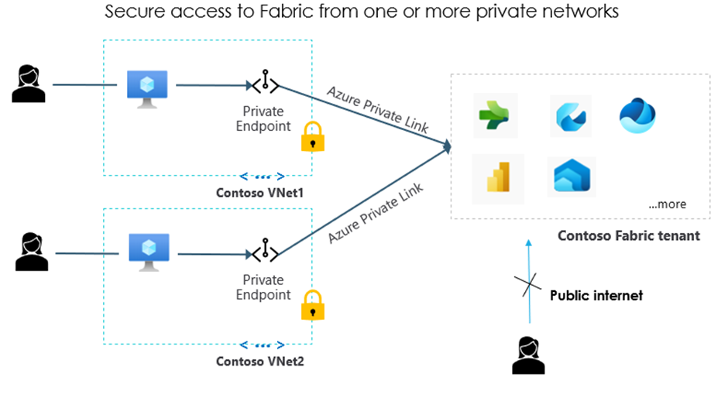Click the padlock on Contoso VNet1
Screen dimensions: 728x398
[x=312, y=136]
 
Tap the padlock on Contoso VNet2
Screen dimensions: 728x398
[x=312, y=305]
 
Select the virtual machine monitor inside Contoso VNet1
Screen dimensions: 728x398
[x=147, y=89]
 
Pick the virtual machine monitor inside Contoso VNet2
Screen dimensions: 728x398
[x=149, y=252]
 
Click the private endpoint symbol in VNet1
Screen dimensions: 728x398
[x=265, y=82]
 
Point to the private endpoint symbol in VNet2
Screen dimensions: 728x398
[x=265, y=250]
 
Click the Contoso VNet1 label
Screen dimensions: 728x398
[x=259, y=193]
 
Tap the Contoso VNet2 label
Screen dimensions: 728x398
[x=260, y=362]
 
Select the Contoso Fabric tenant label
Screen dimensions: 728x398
[x=629, y=236]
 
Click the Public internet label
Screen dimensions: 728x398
[x=596, y=295]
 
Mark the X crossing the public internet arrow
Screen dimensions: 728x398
[x=528, y=284]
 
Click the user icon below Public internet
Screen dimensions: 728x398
[x=528, y=355]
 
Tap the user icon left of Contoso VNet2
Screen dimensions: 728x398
[x=32, y=252]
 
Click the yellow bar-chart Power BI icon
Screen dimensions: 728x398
[x=498, y=177]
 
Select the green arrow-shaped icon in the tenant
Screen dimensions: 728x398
[x=494, y=115]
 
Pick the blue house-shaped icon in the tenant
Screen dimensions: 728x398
[x=572, y=175]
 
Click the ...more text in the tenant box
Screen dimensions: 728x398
[x=667, y=204]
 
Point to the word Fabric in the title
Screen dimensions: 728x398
[x=287, y=11]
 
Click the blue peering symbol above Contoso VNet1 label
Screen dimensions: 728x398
[x=263, y=177]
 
